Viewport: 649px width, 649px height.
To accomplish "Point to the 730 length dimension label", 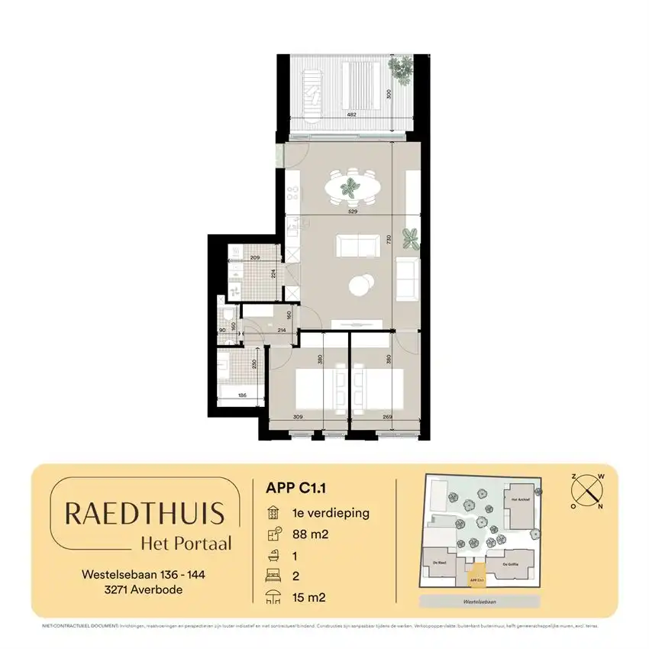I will (x=388, y=239).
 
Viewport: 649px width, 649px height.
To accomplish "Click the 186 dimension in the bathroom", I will (x=241, y=396).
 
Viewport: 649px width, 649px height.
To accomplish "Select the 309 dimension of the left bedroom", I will (x=299, y=418).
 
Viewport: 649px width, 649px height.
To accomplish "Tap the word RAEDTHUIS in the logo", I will (x=144, y=513).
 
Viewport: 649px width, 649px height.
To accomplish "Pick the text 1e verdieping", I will (x=328, y=513).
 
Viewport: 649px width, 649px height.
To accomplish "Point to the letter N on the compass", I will (x=600, y=505).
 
